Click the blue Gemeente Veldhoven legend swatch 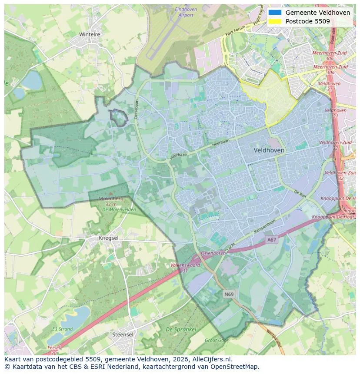(275, 13)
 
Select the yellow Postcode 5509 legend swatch (275, 21)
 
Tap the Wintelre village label (90, 34)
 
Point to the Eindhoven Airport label (186, 12)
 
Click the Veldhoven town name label (269, 150)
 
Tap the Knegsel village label (109, 238)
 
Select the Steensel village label (123, 334)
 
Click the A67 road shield (272, 239)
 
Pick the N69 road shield (229, 294)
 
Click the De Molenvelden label (119, 210)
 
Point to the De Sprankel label (181, 330)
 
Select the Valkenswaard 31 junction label (185, 268)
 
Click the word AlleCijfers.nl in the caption (212, 359)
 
